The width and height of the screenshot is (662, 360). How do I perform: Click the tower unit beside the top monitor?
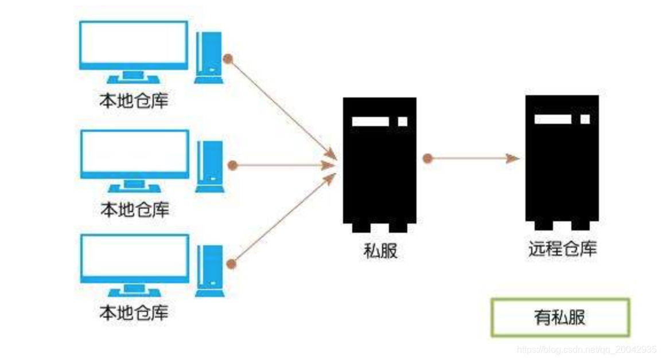click(209, 57)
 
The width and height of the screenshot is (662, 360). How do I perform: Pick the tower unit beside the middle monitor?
click(209, 166)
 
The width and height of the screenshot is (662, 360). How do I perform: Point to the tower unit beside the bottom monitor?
click(209, 271)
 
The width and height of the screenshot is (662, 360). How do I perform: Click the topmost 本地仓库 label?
click(134, 101)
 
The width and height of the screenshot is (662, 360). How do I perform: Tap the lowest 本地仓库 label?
click(134, 313)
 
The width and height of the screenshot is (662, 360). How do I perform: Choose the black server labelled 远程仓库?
click(562, 163)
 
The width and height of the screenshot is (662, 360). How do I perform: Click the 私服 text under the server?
click(380, 251)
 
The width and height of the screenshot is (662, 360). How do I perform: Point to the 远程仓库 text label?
click(562, 249)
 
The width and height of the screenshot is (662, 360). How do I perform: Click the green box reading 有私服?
click(560, 317)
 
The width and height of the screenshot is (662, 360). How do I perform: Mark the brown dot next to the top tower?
click(228, 58)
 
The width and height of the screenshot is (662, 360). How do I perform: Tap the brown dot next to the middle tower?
click(232, 166)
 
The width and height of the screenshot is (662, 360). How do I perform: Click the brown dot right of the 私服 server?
click(427, 159)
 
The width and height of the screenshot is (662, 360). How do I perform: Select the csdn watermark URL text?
click(586, 349)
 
